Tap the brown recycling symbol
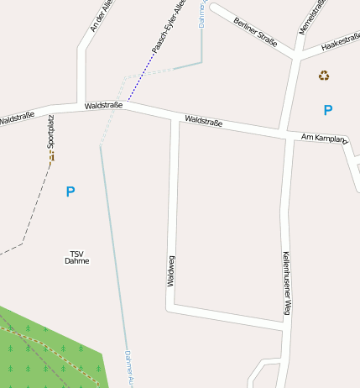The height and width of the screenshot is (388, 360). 324,76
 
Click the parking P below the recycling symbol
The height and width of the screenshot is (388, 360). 328,110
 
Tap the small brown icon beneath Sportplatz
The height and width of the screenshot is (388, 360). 51,156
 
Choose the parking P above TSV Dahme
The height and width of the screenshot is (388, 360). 70,192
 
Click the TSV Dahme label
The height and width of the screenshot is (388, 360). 76,257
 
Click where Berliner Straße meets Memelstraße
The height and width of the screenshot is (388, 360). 295,56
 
